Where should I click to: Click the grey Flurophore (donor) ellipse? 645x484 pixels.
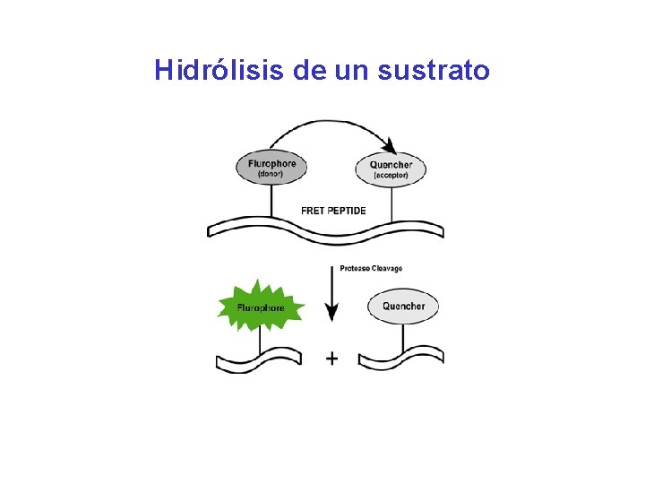tap(271, 168)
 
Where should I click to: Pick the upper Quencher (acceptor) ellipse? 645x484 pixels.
tap(391, 169)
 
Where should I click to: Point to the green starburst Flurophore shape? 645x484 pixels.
tap(261, 307)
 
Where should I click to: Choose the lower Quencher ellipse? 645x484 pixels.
tap(403, 307)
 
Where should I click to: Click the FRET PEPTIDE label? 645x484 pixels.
tap(333, 211)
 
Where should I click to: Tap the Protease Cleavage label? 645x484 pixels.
tap(371, 268)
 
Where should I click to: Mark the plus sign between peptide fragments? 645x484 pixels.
tap(331, 359)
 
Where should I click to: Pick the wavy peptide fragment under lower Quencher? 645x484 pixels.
tap(400, 358)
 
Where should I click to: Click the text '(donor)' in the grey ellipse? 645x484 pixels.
tap(271, 174)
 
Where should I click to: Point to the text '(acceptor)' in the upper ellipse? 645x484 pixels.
tap(391, 176)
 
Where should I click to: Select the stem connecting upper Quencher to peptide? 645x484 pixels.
tap(391, 203)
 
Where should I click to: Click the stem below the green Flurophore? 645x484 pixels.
tap(261, 339)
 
